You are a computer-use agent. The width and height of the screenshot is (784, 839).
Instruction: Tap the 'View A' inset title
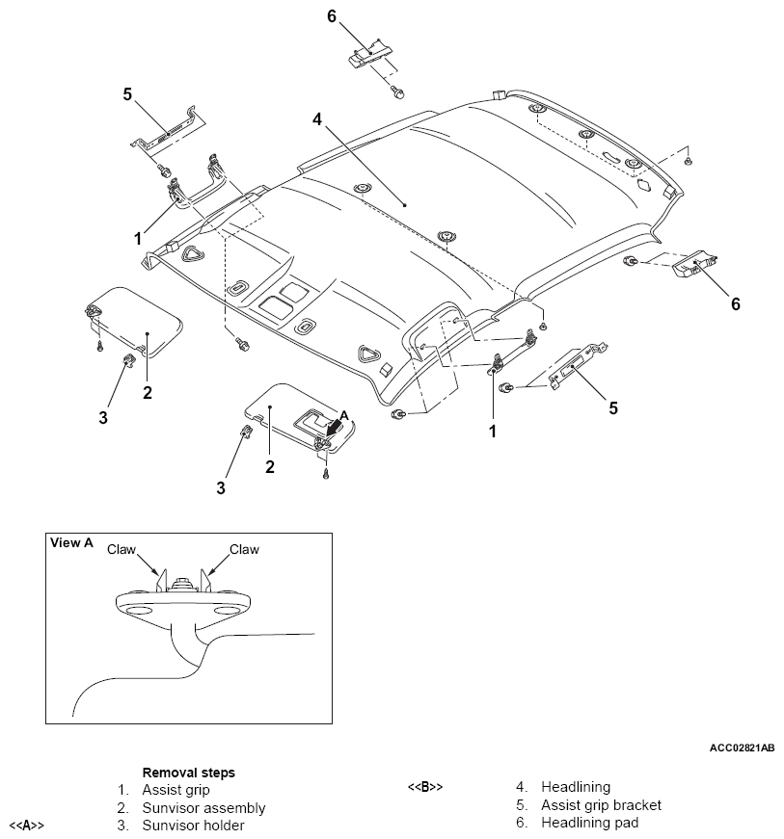click(x=70, y=543)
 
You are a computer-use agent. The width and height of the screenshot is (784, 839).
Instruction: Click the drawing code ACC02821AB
click(x=742, y=747)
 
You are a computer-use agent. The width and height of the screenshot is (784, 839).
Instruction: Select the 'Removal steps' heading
click(x=189, y=773)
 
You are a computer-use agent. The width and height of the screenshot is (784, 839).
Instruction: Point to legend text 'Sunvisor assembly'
click(x=203, y=808)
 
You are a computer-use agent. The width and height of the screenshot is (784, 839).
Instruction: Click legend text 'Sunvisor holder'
click(x=193, y=826)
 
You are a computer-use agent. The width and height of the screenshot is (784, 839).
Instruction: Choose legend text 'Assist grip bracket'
click(x=601, y=805)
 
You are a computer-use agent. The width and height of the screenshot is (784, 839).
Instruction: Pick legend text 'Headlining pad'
click(x=589, y=823)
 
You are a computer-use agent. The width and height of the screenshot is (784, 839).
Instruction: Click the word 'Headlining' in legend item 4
click(x=576, y=788)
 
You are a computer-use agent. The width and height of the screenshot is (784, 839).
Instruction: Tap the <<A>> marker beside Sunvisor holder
click(x=26, y=826)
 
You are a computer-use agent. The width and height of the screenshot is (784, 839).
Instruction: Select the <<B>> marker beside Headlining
click(x=425, y=788)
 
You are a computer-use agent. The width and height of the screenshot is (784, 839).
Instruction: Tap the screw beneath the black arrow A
click(x=327, y=473)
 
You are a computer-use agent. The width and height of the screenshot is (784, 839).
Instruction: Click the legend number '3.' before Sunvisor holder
click(x=123, y=826)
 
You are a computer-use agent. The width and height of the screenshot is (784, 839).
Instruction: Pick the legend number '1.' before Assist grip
click(x=123, y=791)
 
